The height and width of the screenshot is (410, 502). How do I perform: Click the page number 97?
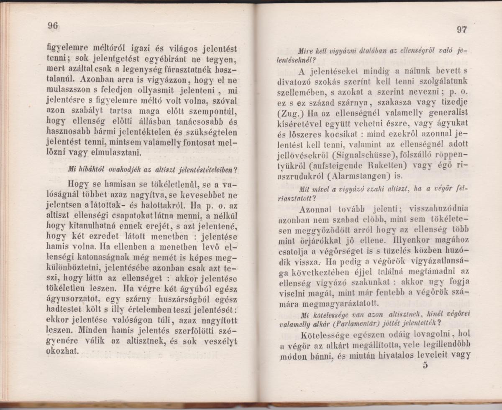click(462, 30)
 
